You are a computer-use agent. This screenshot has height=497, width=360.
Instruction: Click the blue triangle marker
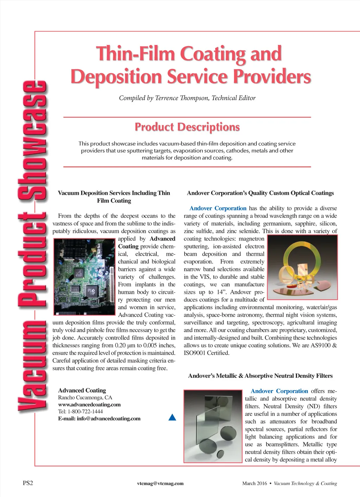click(172, 417)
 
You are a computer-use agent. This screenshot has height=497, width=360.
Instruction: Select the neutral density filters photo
click(213, 426)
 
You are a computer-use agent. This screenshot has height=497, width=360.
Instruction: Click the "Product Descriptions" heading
click(187, 127)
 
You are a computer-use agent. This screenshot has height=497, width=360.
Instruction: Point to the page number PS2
click(28, 483)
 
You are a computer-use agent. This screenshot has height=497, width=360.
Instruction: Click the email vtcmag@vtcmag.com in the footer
click(160, 483)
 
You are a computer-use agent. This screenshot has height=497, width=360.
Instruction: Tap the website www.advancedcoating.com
click(89, 405)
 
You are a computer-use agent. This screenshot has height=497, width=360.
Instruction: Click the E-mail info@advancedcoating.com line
click(99, 419)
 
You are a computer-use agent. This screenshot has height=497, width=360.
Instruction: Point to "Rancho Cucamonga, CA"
click(85, 398)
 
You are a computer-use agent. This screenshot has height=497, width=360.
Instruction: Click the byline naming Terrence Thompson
click(187, 98)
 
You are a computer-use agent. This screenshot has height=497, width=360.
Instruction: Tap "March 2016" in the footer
click(255, 483)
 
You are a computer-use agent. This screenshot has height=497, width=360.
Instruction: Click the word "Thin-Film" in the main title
click(136, 54)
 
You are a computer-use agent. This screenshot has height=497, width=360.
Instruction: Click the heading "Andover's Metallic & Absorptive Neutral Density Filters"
click(260, 376)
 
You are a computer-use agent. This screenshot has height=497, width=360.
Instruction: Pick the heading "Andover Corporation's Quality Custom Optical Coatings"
click(260, 193)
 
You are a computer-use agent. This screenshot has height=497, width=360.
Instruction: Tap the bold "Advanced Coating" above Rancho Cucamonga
click(82, 390)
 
